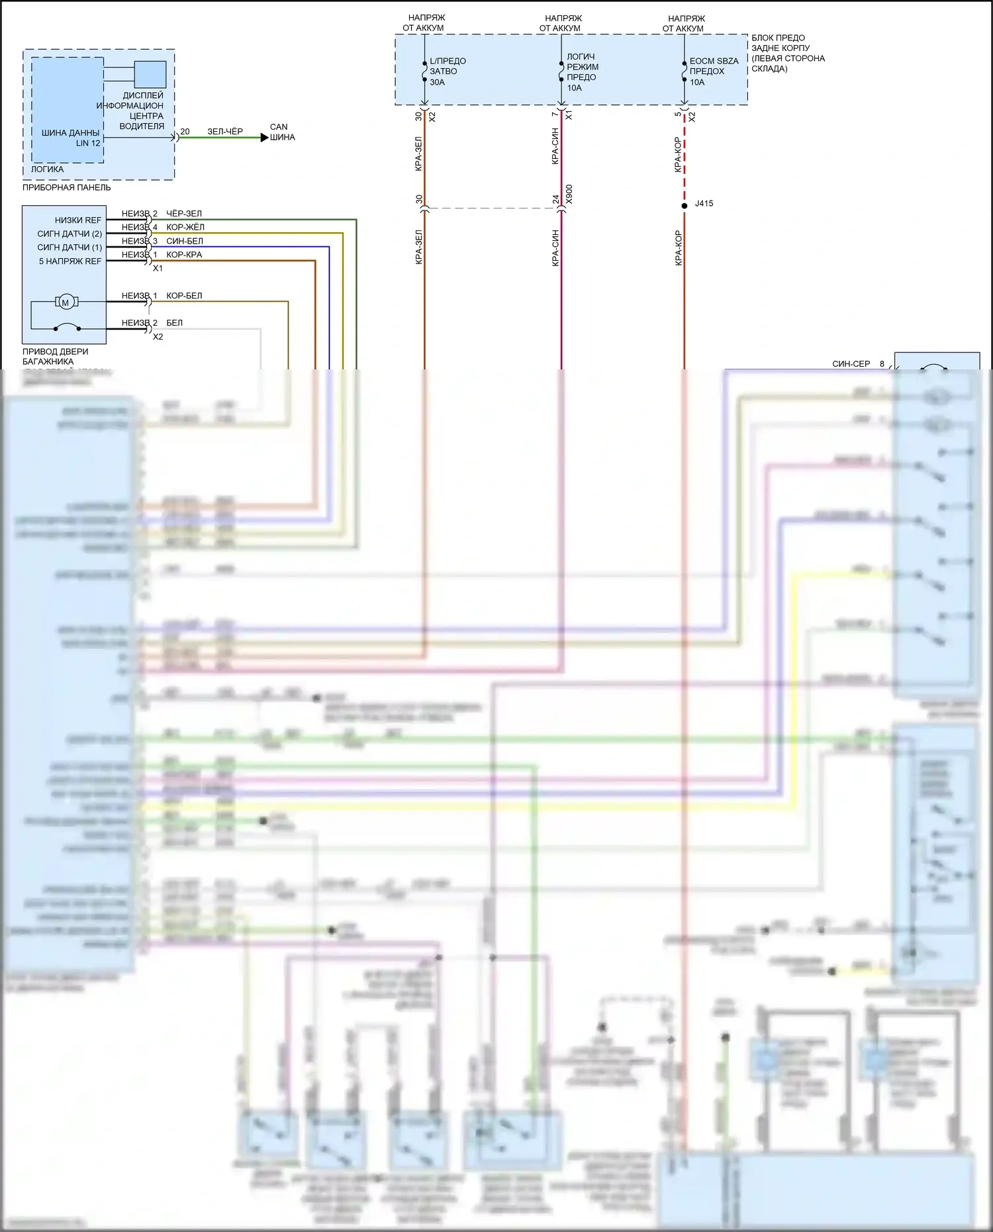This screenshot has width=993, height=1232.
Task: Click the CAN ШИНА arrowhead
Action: tap(264, 138)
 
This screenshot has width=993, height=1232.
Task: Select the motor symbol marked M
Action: tap(65, 303)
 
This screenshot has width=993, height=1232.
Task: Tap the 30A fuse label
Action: tap(437, 82)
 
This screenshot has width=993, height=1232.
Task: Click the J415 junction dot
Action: tap(685, 206)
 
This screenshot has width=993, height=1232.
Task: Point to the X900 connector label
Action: tap(569, 194)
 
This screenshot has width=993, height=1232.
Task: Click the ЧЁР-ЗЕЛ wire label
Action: tap(184, 214)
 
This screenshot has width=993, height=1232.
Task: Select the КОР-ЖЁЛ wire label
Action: tap(185, 227)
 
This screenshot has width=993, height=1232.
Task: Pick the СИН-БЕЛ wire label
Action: tap(185, 241)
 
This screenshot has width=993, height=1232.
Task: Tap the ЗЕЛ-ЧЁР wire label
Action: tap(225, 132)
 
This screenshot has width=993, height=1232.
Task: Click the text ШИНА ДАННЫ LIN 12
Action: tap(71, 138)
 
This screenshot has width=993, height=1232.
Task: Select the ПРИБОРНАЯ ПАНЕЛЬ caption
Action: tap(67, 187)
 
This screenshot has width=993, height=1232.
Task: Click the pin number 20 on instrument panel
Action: tap(185, 132)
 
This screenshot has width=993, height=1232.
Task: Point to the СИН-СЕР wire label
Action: tap(851, 364)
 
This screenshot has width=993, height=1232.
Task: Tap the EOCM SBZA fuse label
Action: tap(714, 61)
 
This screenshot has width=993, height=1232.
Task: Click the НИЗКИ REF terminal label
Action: tap(78, 220)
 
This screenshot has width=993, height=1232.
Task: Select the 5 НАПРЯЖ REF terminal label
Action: tap(70, 261)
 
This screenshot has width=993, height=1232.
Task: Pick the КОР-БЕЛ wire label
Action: tap(184, 296)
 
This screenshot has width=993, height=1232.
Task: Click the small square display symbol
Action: tap(150, 74)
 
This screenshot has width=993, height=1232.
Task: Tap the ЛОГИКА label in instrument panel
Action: tap(48, 169)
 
